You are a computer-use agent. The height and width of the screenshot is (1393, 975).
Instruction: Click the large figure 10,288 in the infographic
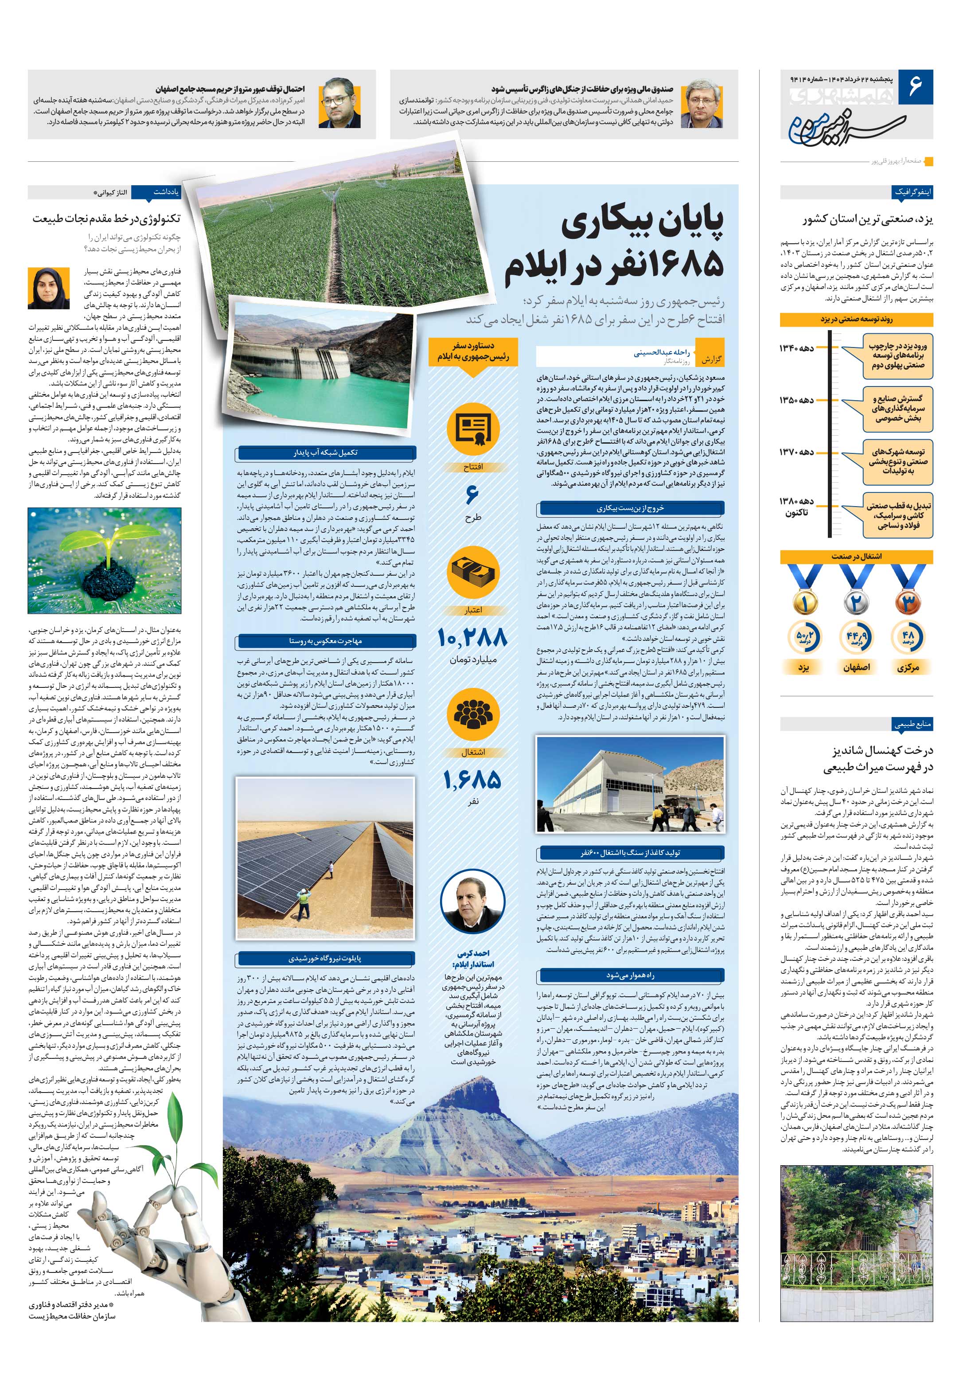472,638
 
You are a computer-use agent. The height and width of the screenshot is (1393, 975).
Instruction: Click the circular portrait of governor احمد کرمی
472,905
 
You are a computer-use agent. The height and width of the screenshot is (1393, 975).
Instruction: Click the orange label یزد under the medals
804,667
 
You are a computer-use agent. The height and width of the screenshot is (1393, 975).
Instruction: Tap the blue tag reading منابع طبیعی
912,724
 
